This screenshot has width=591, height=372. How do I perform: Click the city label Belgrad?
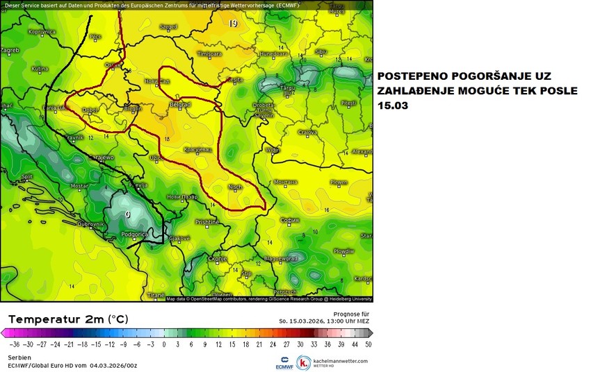[179, 105]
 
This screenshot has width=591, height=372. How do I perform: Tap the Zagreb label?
[10, 50]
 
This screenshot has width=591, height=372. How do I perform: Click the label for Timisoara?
[209, 53]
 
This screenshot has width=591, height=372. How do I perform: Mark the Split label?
[27, 176]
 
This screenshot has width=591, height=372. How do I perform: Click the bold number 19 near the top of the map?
[233, 24]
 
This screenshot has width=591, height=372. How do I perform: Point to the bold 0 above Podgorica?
[127, 214]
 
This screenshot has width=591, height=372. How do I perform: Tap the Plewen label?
[339, 182]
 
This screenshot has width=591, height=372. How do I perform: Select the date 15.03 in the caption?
[394, 106]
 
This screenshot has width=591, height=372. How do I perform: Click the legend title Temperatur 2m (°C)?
[69, 319]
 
